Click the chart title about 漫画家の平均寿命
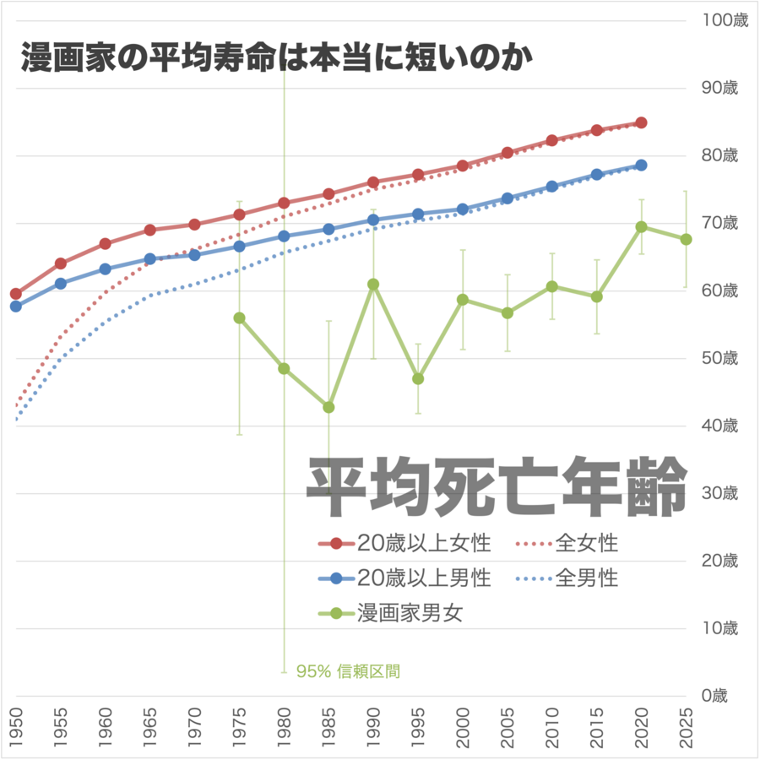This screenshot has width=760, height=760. [279, 61]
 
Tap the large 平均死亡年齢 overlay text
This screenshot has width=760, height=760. [494, 489]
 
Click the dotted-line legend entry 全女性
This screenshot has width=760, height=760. [587, 542]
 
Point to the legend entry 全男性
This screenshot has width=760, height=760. [587, 578]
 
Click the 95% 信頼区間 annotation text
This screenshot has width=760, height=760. [348, 672]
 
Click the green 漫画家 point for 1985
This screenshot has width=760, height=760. [328, 407]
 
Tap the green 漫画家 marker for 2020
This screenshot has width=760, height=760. [641, 226]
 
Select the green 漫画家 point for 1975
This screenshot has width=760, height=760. [239, 318]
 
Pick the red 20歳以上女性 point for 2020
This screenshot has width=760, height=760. [641, 122]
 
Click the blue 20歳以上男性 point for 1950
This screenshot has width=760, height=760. [15, 306]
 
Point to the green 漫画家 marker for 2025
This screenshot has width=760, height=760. [686, 239]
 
